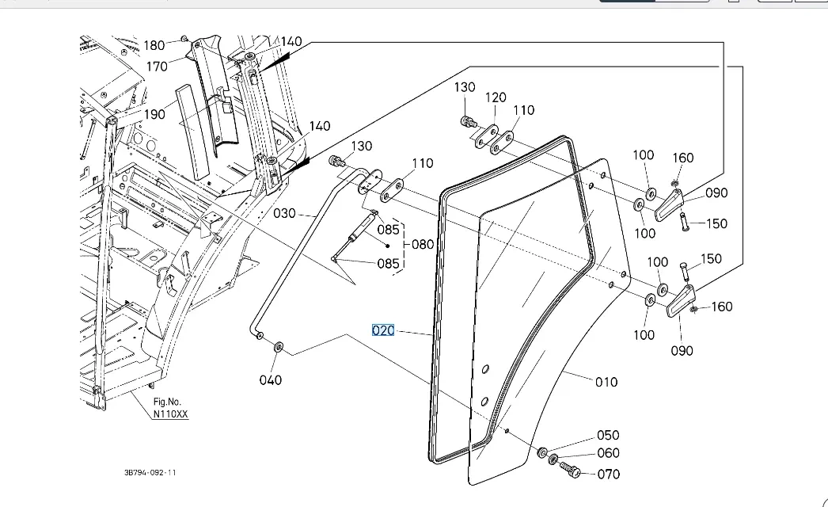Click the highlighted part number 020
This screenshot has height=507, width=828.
point(383,330)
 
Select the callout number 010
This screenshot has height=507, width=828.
point(606,382)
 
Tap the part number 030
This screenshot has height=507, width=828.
point(284,213)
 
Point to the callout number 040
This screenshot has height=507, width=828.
point(271,380)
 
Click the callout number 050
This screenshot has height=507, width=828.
point(608,435)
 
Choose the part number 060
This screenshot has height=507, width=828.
point(608,453)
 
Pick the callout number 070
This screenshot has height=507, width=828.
point(609,474)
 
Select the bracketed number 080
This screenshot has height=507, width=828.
point(423,244)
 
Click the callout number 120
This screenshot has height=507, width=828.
point(496,97)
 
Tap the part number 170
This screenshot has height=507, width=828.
point(158,67)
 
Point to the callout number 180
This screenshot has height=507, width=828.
point(154,45)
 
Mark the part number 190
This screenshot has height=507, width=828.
point(154,114)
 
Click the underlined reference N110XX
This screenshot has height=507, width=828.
point(171,414)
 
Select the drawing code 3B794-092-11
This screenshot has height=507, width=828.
point(150,473)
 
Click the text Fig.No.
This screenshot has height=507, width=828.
point(168,402)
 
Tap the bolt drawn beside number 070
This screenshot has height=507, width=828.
point(570,471)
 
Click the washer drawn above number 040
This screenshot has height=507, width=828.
point(279,347)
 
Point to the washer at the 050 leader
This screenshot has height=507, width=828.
point(543,452)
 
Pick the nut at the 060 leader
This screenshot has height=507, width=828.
point(553,459)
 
